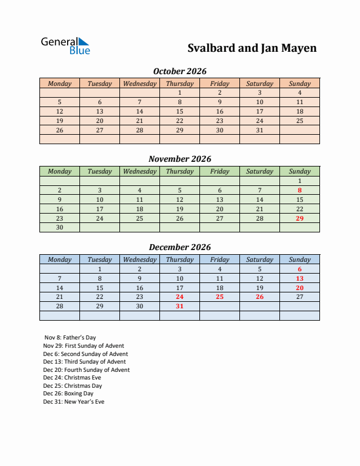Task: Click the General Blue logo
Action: tap(65, 46)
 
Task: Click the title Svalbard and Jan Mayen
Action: tap(252, 48)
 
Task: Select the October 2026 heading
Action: tap(179, 71)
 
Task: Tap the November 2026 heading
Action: tap(179, 159)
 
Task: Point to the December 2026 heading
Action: tap(179, 247)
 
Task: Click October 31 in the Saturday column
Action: tap(259, 130)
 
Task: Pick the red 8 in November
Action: tap(299, 190)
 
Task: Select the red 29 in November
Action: tap(299, 218)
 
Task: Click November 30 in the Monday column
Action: tap(59, 228)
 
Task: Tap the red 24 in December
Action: tap(179, 297)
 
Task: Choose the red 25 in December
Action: tap(219, 297)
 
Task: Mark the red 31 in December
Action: tap(179, 307)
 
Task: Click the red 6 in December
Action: tap(299, 269)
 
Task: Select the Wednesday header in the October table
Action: tap(139, 84)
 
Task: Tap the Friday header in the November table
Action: tap(219, 171)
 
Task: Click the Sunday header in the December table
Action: tap(299, 259)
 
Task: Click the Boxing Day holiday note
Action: tap(68, 394)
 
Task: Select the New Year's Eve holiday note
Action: tap(74, 402)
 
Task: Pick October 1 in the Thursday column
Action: tap(179, 92)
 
